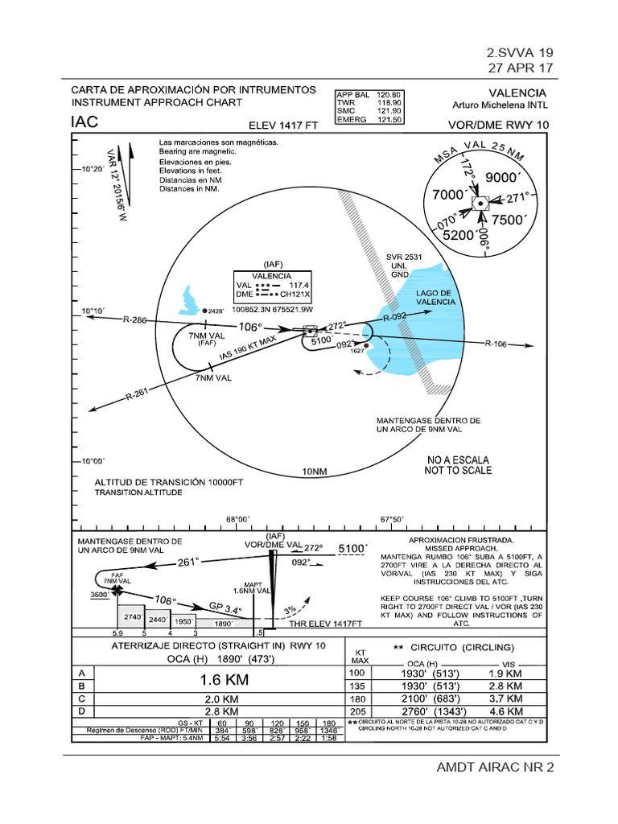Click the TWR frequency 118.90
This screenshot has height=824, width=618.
coord(389,102)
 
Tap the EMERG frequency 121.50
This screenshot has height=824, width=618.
coord(389,119)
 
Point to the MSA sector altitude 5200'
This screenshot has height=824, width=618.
coord(459,235)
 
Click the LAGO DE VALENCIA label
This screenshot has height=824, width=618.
coord(435,296)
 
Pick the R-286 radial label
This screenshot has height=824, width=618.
coord(135,320)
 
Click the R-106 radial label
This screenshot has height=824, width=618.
coord(496,344)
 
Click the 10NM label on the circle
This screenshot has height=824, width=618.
coord(315,471)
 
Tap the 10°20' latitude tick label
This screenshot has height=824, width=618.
coord(92,169)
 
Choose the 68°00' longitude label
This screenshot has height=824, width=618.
coord(237,519)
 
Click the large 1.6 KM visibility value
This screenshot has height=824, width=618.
coord(224,680)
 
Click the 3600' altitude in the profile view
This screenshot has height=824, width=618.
coord(100,595)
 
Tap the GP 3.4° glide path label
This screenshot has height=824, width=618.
coord(225,608)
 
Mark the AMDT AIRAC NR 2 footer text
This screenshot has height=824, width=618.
coord(495,766)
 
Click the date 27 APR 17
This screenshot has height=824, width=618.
coord(520,68)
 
